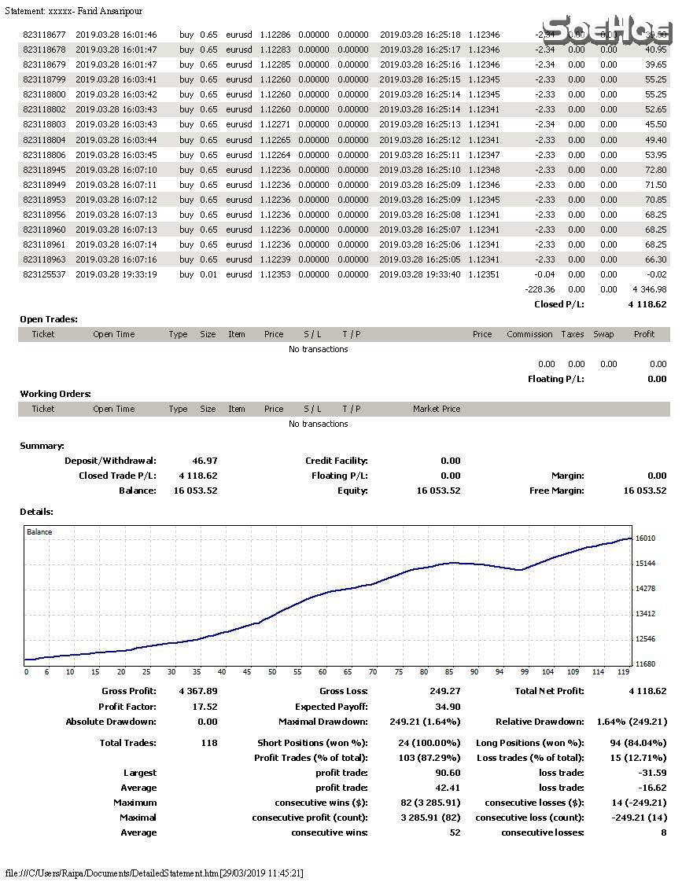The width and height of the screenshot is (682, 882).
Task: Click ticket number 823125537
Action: [x=44, y=274]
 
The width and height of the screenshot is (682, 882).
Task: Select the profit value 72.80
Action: [x=655, y=170]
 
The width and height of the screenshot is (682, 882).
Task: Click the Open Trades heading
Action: [x=49, y=319]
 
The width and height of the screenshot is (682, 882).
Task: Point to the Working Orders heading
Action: [x=55, y=394]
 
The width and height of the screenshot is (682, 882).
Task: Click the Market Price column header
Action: [x=437, y=409]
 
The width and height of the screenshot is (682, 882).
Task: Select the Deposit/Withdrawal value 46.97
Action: [x=205, y=461]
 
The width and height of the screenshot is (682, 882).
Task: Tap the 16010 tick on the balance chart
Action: [x=645, y=538]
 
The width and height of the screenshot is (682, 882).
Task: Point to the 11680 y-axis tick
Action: [x=645, y=664]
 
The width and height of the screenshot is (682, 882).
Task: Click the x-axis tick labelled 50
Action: [x=272, y=672]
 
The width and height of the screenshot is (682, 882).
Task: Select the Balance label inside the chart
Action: [x=39, y=532]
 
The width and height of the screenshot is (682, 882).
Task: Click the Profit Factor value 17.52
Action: [x=205, y=707]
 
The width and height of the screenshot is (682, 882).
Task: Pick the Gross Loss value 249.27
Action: [x=445, y=691]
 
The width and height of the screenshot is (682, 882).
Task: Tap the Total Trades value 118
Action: [x=209, y=743]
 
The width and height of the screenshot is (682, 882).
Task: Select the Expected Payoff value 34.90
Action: [x=448, y=707]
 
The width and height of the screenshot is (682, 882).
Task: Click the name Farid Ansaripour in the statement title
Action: [x=110, y=12]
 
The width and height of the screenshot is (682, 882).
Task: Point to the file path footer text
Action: [x=154, y=873]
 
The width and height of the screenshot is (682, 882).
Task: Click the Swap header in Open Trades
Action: [x=603, y=334]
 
